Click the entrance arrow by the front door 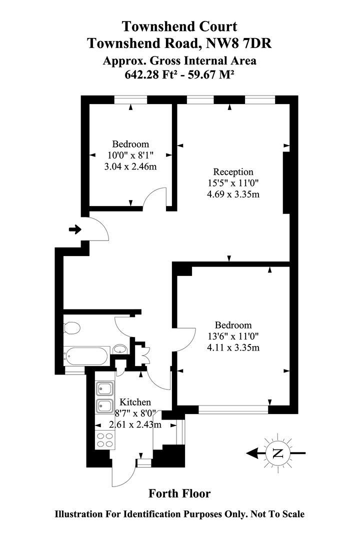pyautogui.click(x=75, y=230)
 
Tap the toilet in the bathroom pyautogui.click(x=72, y=328)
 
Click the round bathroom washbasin pyautogui.click(x=119, y=349)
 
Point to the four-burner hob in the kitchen pyautogui.click(x=105, y=439)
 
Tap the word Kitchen pyautogui.click(x=132, y=402)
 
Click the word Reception pyautogui.click(x=233, y=172)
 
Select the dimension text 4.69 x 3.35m pyautogui.click(x=233, y=194)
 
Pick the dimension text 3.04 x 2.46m pyautogui.click(x=130, y=166)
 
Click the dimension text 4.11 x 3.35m pyautogui.click(x=233, y=347)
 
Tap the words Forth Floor pyautogui.click(x=179, y=494)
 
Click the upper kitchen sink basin pyautogui.click(x=105, y=388)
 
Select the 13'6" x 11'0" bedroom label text pyautogui.click(x=233, y=336)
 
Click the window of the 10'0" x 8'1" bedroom pyautogui.click(x=130, y=100)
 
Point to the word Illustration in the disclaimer pyautogui.click(x=82, y=514)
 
